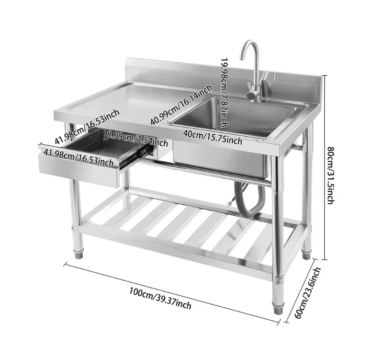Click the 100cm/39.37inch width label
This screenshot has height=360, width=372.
click(160, 298)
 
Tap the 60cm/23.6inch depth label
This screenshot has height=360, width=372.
click(307, 293)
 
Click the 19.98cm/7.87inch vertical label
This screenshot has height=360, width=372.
click(224, 93)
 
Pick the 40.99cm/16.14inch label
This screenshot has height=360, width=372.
click(181, 105)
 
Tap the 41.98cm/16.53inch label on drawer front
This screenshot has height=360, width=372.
click(79, 157)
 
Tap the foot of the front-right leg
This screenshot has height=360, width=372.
click(278, 309)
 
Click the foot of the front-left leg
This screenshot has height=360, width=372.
click(79, 255)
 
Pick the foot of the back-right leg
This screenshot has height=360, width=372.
click(306, 255)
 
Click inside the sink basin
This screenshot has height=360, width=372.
click(237, 116)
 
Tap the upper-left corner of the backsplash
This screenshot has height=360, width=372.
click(126, 58)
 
